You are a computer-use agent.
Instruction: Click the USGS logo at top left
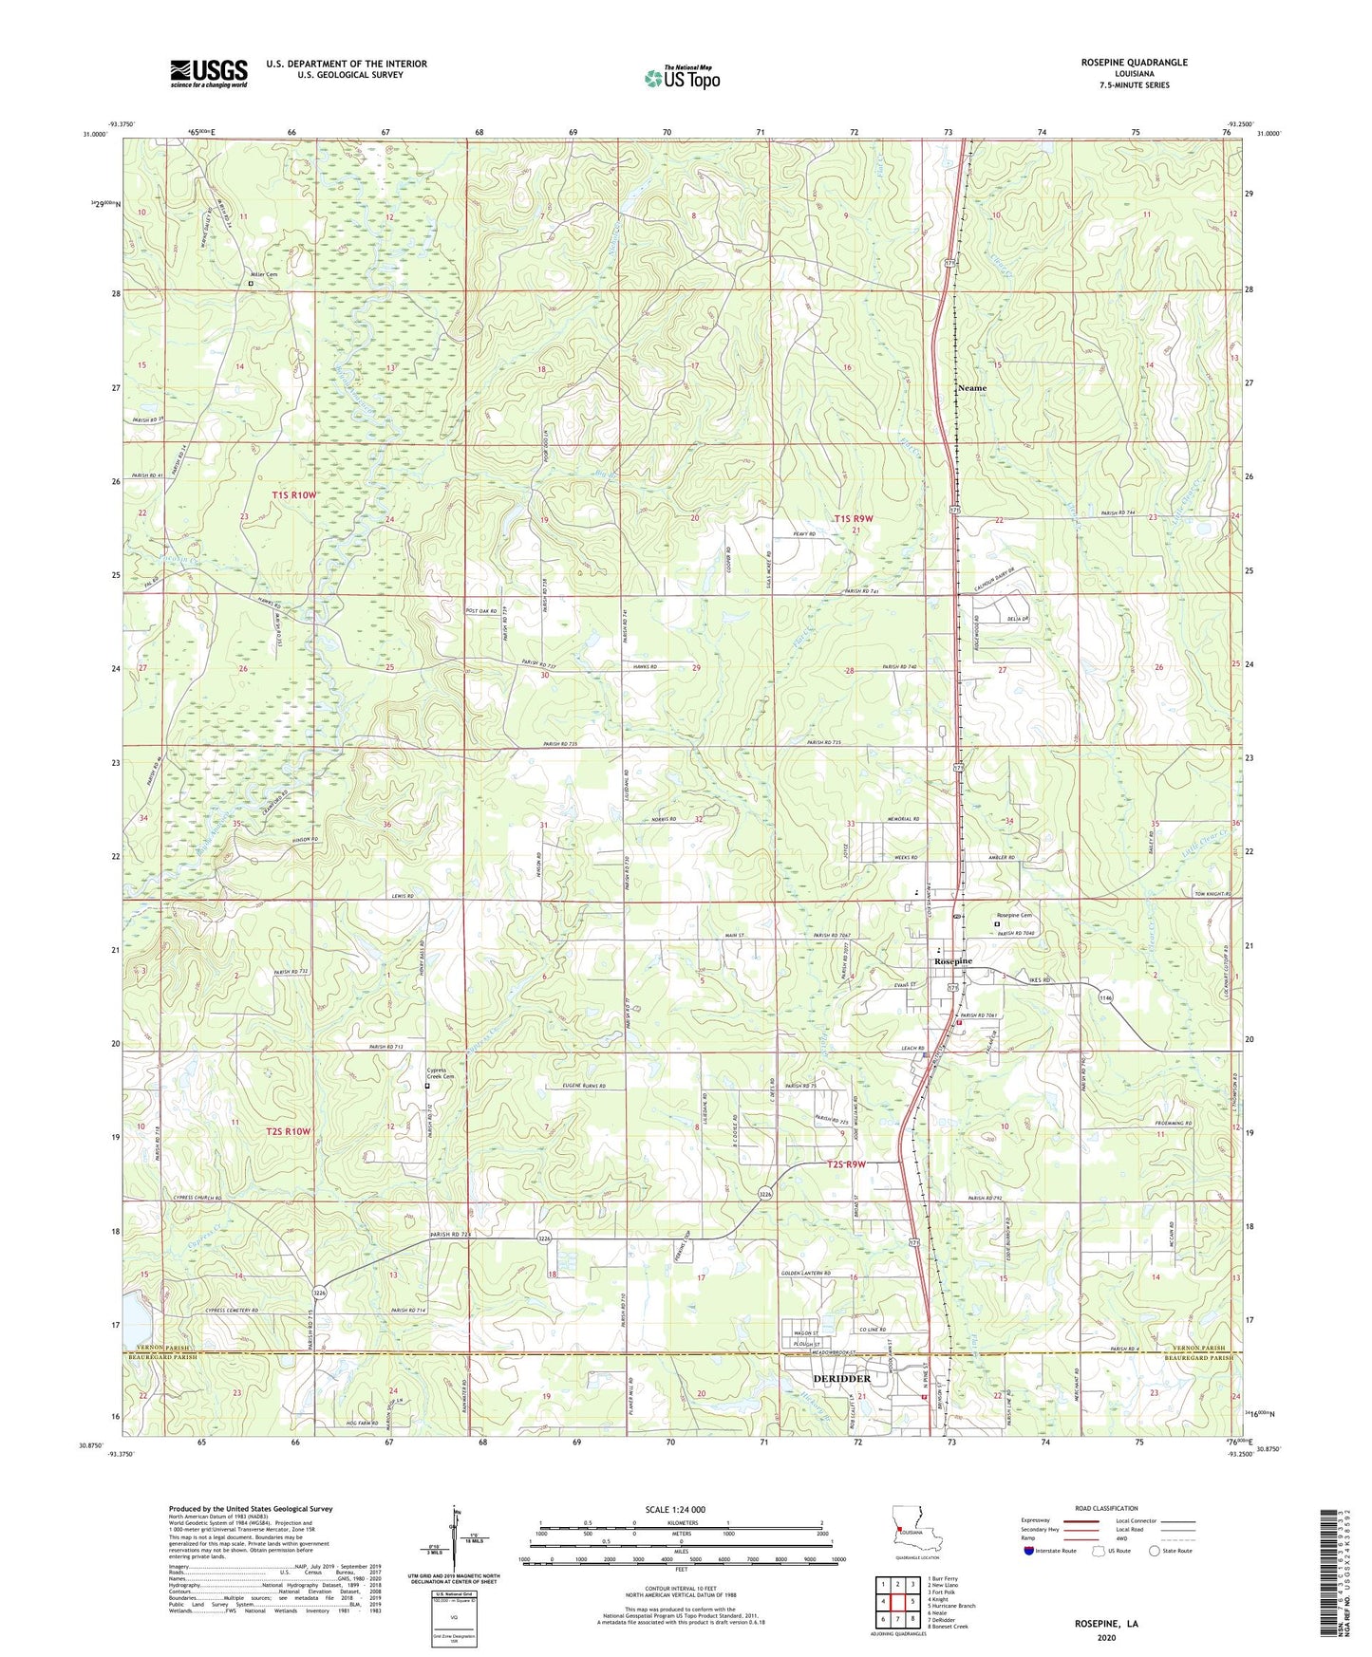[x=208, y=73]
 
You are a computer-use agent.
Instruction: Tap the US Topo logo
[x=682, y=78]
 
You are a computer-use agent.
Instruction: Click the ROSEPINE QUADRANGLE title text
[x=1134, y=63]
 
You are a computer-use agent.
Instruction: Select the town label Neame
[x=971, y=388]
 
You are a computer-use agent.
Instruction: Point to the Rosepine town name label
[x=952, y=961]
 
